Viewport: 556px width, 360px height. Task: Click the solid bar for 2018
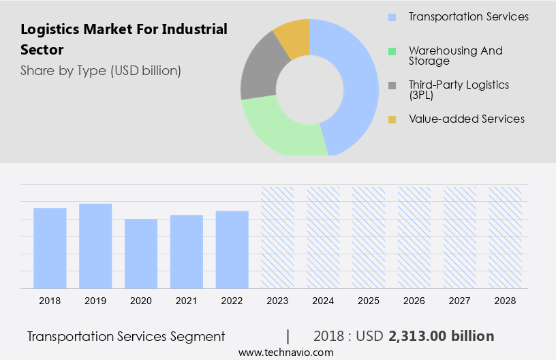point(50,248)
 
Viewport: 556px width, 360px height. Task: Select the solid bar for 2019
point(95,246)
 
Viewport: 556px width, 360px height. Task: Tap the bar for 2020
point(141,254)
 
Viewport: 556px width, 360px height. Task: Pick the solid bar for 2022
point(232,250)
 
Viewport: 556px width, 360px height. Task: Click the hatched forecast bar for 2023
point(278,237)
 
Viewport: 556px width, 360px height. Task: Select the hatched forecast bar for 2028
point(506,237)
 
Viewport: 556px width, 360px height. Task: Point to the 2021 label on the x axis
point(187,301)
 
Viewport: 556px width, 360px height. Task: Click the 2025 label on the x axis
point(369,301)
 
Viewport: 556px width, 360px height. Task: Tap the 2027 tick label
point(460,301)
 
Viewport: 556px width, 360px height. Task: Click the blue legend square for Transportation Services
point(392,17)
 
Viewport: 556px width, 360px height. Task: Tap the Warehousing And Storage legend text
point(455,56)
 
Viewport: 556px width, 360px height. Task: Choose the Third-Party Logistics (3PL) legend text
point(458,90)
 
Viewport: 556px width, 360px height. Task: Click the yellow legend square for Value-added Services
point(392,119)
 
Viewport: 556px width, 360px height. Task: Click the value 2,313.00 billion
point(441,336)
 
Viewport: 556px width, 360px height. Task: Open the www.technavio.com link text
point(285,352)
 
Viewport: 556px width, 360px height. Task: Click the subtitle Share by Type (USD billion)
point(100,70)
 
